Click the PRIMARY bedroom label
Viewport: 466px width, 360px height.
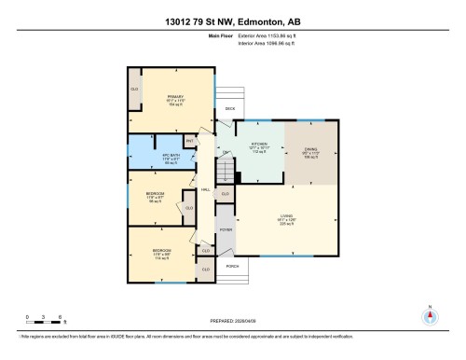pos(174,97)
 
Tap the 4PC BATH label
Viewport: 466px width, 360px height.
pos(144,153)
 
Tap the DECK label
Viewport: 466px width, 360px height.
pos(230,108)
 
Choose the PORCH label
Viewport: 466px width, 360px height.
pos(232,266)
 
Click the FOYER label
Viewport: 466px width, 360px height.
pos(226,228)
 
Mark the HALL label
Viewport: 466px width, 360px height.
pos(205,189)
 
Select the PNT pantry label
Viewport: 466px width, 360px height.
pos(189,141)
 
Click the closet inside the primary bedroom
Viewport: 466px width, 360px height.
pos(134,90)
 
